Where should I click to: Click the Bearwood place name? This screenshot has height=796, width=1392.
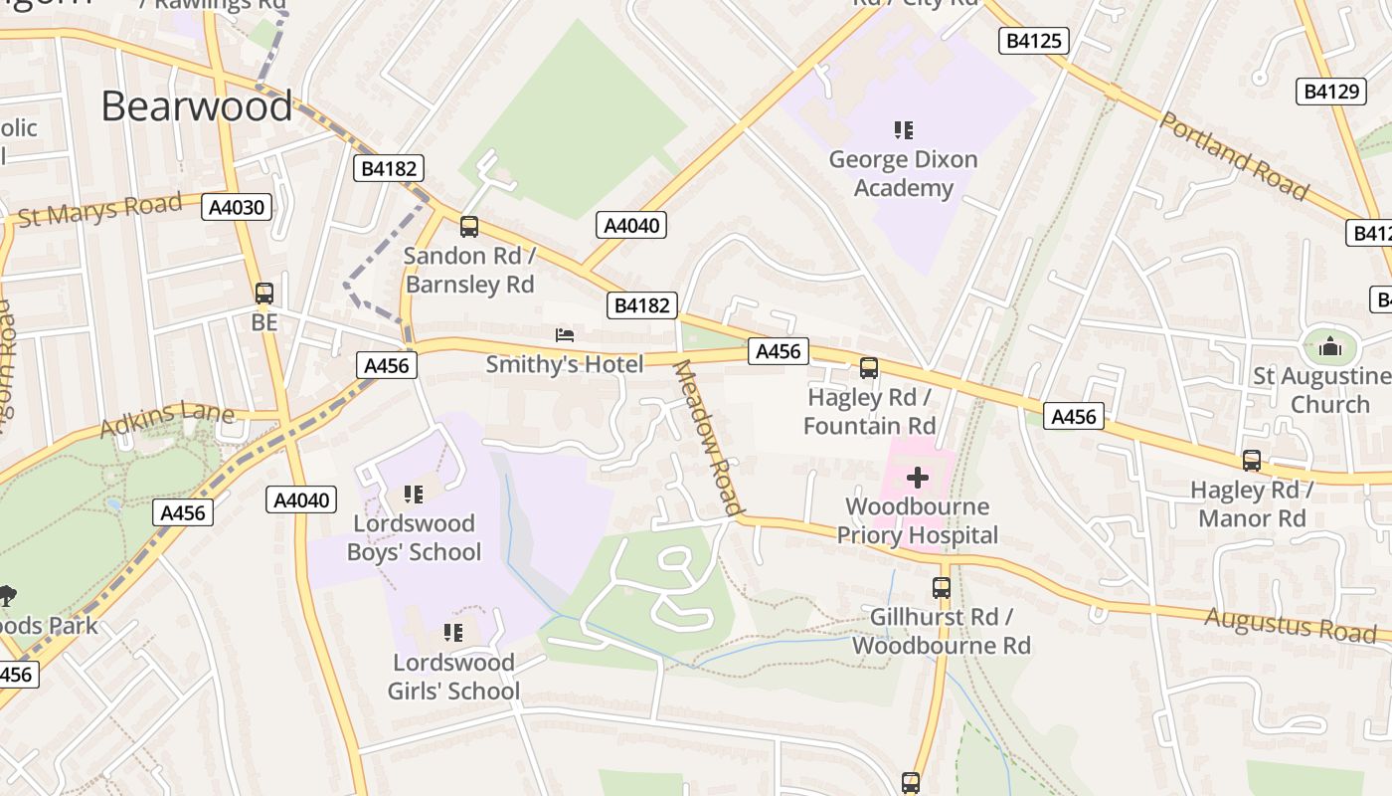click(x=197, y=106)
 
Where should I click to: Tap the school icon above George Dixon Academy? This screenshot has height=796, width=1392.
click(x=903, y=129)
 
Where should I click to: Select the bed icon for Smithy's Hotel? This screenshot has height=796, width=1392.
click(x=565, y=335)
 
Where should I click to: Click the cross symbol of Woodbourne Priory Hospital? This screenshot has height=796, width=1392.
click(x=917, y=479)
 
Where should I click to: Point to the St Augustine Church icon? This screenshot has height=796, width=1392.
click(x=1329, y=346)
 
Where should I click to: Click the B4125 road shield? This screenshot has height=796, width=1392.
click(x=1033, y=41)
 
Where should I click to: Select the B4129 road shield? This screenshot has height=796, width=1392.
click(x=1330, y=92)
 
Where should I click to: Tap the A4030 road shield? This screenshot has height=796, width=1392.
click(x=236, y=207)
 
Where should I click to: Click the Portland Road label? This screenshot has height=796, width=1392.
click(x=1234, y=155)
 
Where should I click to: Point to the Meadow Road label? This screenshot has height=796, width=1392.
click(x=709, y=438)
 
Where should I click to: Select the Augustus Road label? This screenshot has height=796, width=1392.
click(x=1291, y=625)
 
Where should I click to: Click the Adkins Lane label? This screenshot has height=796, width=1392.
click(x=167, y=420)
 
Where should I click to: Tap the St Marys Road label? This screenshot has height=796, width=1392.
click(x=100, y=211)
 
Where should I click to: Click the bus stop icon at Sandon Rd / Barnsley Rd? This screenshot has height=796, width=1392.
click(x=469, y=227)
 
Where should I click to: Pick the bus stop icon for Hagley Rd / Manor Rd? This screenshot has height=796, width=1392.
click(x=1251, y=461)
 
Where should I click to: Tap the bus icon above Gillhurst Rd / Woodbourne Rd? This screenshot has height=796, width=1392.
click(x=941, y=588)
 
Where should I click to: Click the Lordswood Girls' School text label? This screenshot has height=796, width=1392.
click(x=453, y=677)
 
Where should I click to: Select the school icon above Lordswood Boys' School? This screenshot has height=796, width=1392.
click(x=414, y=495)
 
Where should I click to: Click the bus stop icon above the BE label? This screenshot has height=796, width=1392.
click(x=263, y=294)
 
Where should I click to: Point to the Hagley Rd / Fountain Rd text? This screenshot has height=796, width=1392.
click(x=869, y=412)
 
